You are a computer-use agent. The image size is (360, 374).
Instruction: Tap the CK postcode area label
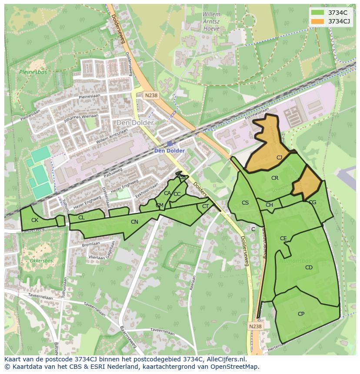35,220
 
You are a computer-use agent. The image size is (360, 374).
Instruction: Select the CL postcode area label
81,217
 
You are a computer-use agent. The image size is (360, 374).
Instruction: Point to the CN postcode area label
134,222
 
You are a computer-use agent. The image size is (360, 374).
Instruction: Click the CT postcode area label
205,206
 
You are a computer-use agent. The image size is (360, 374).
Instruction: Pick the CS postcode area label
245,203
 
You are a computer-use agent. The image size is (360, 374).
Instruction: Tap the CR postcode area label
275,178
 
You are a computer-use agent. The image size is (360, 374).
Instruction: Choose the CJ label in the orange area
279,158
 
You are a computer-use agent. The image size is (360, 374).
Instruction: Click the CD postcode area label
309,268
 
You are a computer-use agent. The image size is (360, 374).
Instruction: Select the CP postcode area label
301,314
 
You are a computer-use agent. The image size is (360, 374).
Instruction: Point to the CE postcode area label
283,238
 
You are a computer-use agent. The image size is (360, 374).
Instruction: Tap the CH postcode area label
269,205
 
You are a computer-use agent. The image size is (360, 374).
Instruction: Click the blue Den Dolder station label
170,151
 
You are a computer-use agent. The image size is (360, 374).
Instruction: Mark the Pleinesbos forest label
30,72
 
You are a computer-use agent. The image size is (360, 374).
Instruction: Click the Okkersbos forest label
41,261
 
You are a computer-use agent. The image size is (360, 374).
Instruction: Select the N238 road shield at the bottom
256,326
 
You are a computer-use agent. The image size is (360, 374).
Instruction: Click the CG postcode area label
312,202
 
